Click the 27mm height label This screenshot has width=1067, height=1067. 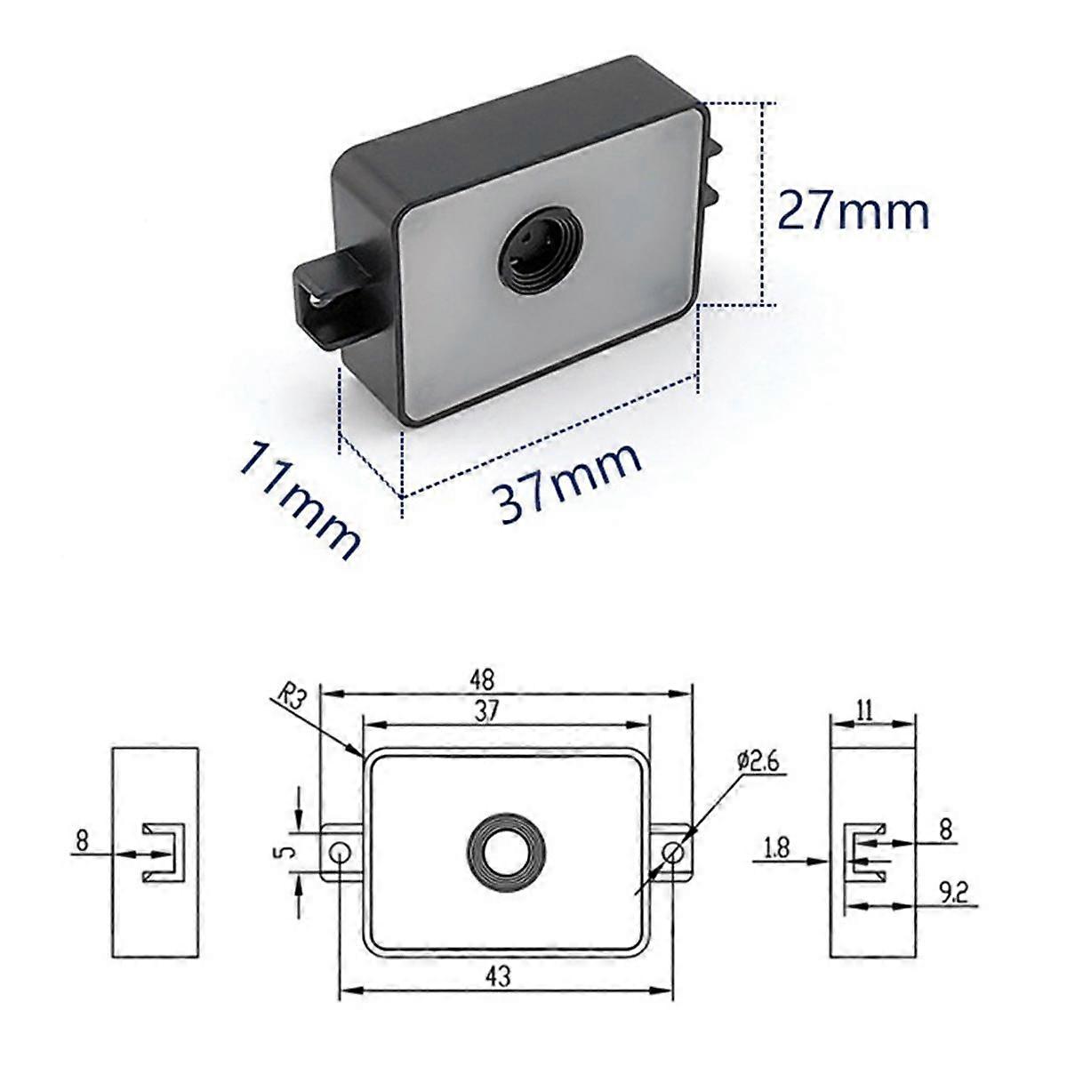click(x=854, y=211)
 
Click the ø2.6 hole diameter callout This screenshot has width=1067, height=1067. click(x=758, y=760)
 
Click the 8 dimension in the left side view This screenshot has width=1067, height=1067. click(x=82, y=839)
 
